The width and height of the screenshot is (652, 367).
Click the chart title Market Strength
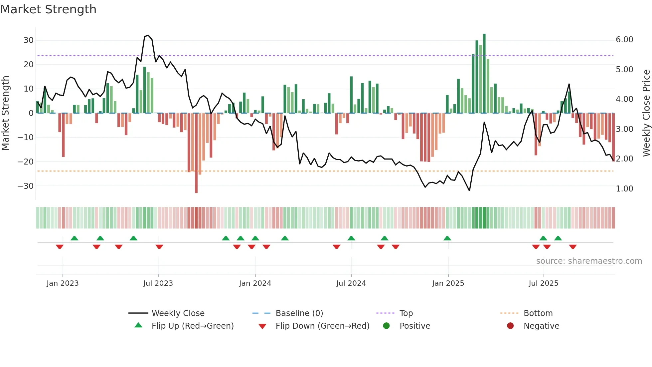coord(48,9)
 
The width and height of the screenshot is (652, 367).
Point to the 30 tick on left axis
coord(29,40)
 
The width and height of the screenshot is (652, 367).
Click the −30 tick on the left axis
coord(26,186)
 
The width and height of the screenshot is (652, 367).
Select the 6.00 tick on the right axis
coord(624,40)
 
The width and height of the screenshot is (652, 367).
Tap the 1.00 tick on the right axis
coord(624,189)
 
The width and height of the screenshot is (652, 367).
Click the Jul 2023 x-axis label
coord(158,283)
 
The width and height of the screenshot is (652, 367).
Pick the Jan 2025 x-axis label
coord(448,283)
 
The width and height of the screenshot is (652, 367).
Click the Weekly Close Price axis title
coord(646,113)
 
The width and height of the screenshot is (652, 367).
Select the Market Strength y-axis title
coord(6,113)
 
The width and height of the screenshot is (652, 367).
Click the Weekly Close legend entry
coord(178,313)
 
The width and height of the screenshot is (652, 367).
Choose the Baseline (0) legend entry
coord(299,313)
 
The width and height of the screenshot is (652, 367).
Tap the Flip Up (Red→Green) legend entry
coord(192,326)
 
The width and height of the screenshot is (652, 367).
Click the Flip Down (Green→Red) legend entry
coord(322,326)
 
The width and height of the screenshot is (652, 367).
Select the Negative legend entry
coord(541,326)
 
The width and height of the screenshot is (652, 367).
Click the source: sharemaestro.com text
coord(589,261)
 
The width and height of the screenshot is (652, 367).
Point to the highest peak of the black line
coord(148,35)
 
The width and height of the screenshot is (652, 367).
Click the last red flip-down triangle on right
coord(572,247)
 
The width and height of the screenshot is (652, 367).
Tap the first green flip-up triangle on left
coord(75,238)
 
